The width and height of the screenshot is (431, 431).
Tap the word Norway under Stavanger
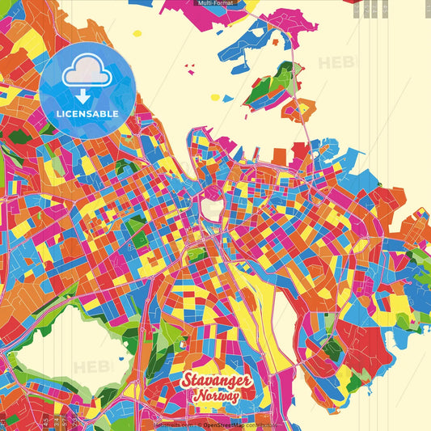point(216,397)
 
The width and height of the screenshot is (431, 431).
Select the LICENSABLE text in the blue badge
point(87,114)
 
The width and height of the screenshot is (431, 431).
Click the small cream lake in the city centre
point(213,209)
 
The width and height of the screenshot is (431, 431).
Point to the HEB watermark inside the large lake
point(91,366)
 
